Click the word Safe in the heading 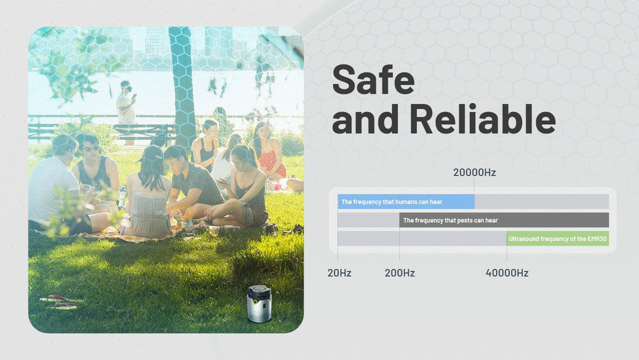(x=373, y=79)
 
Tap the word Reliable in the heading (x=483, y=118)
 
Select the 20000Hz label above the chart (x=475, y=172)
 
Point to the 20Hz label (x=339, y=273)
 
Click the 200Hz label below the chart (x=400, y=273)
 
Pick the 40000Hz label (x=507, y=273)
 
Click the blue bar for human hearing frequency (x=406, y=202)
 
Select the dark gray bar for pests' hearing (x=504, y=220)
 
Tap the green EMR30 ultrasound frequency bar (x=558, y=239)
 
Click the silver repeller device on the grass (x=259, y=304)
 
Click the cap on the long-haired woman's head (x=151, y=155)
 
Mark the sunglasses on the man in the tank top (x=91, y=149)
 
